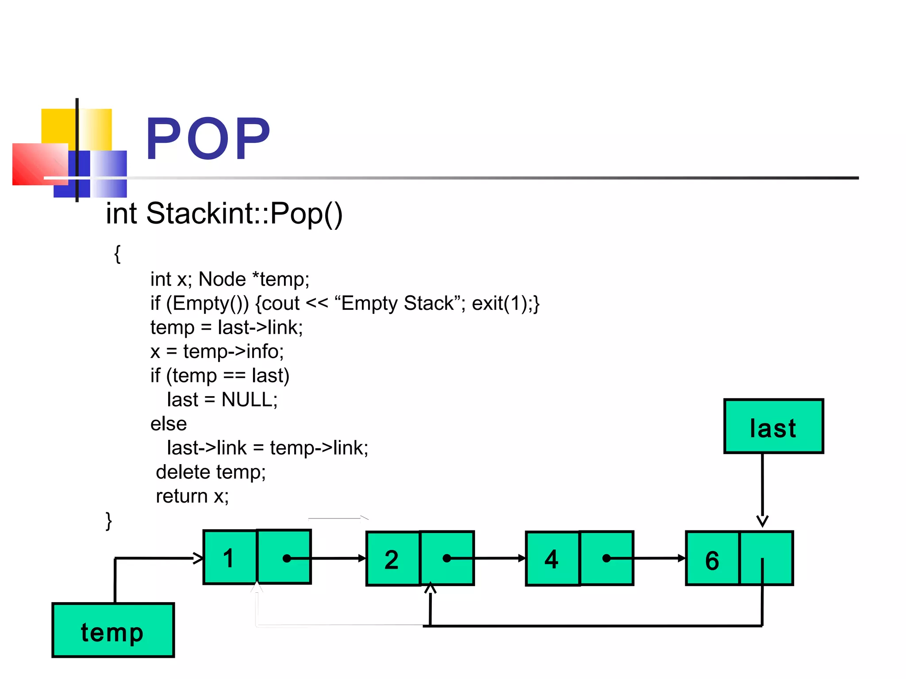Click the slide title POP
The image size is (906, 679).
click(x=207, y=138)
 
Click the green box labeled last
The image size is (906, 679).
click(x=773, y=427)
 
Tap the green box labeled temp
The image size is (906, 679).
click(x=113, y=630)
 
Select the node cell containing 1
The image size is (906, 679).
click(x=230, y=557)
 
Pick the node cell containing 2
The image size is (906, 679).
click(x=392, y=559)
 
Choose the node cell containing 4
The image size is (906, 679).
click(x=552, y=559)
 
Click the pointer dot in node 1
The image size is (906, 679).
click(x=287, y=558)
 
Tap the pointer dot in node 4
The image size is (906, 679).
click(x=607, y=558)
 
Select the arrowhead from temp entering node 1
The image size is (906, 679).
click(x=198, y=558)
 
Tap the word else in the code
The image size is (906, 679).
click(x=169, y=424)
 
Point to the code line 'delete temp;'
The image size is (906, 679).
click(x=211, y=472)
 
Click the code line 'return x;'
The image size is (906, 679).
click(x=192, y=496)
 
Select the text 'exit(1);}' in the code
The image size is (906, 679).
click(x=506, y=303)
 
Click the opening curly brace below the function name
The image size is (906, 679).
click(x=117, y=254)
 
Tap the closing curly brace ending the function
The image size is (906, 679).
click(x=109, y=521)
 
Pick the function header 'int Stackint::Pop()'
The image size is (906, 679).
click(x=224, y=214)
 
